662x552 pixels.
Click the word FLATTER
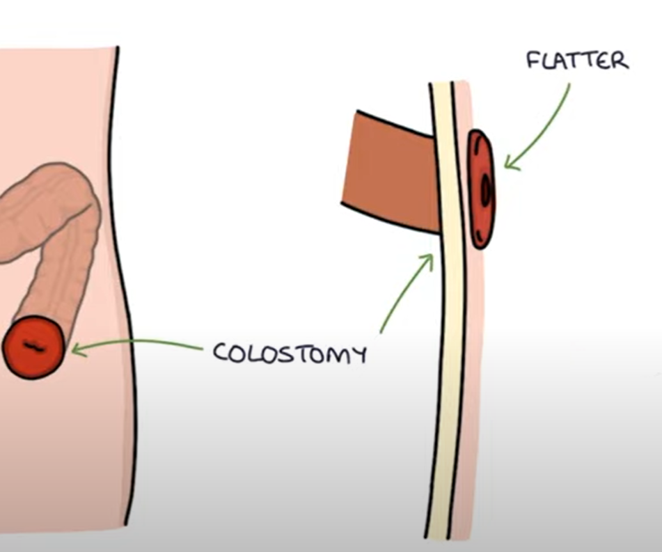(577, 61)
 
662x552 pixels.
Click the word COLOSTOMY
(290, 353)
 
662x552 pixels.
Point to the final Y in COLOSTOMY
(358, 356)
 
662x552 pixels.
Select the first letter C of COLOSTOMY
(221, 352)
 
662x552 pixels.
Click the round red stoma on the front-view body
(33, 347)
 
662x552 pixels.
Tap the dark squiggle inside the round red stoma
(33, 345)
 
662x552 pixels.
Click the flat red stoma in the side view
(481, 188)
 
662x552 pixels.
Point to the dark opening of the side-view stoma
(486, 189)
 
